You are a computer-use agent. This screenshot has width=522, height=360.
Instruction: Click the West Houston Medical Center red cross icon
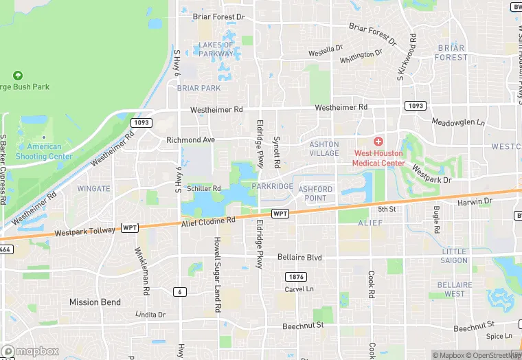click(378, 141)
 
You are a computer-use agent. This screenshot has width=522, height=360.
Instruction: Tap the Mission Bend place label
click(95, 302)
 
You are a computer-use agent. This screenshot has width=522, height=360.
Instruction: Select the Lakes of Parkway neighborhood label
click(216, 49)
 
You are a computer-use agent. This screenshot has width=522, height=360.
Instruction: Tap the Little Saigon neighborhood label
click(454, 256)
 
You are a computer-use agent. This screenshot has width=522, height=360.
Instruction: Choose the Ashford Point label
click(315, 194)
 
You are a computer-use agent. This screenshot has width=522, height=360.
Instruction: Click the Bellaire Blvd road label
click(299, 258)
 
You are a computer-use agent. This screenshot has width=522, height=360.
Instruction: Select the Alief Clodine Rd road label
click(208, 221)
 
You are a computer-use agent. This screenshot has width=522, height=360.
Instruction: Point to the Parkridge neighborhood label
click(272, 186)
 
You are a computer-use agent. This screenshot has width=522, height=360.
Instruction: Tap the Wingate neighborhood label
click(93, 188)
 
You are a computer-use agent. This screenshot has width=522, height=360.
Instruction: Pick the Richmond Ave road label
click(191, 140)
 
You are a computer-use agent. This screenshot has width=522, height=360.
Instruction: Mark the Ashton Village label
click(324, 148)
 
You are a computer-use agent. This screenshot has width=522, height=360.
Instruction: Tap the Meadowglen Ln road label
click(458, 122)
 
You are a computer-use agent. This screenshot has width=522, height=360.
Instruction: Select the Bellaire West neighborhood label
click(458, 289)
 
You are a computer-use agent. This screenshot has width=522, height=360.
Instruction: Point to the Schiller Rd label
click(203, 188)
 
